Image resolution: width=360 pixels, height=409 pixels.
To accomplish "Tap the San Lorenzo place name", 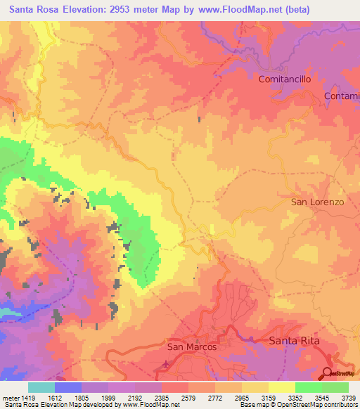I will coord(318,202).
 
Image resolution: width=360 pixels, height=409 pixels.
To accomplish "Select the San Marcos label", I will coord(191,346).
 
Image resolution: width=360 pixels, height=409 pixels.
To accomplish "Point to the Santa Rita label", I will coord(295,341).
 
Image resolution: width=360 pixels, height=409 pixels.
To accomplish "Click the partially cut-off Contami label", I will coord(342,96).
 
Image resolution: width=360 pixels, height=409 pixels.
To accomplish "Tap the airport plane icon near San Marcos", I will coord(165,364).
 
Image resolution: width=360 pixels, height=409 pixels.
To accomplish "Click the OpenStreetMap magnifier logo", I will coord(328,373).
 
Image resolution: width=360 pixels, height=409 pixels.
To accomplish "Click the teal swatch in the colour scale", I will coord(41,387).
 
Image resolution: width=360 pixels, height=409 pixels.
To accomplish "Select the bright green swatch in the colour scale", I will coord(308,387).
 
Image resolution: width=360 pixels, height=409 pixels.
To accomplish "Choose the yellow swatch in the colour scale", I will coord(281,387).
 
